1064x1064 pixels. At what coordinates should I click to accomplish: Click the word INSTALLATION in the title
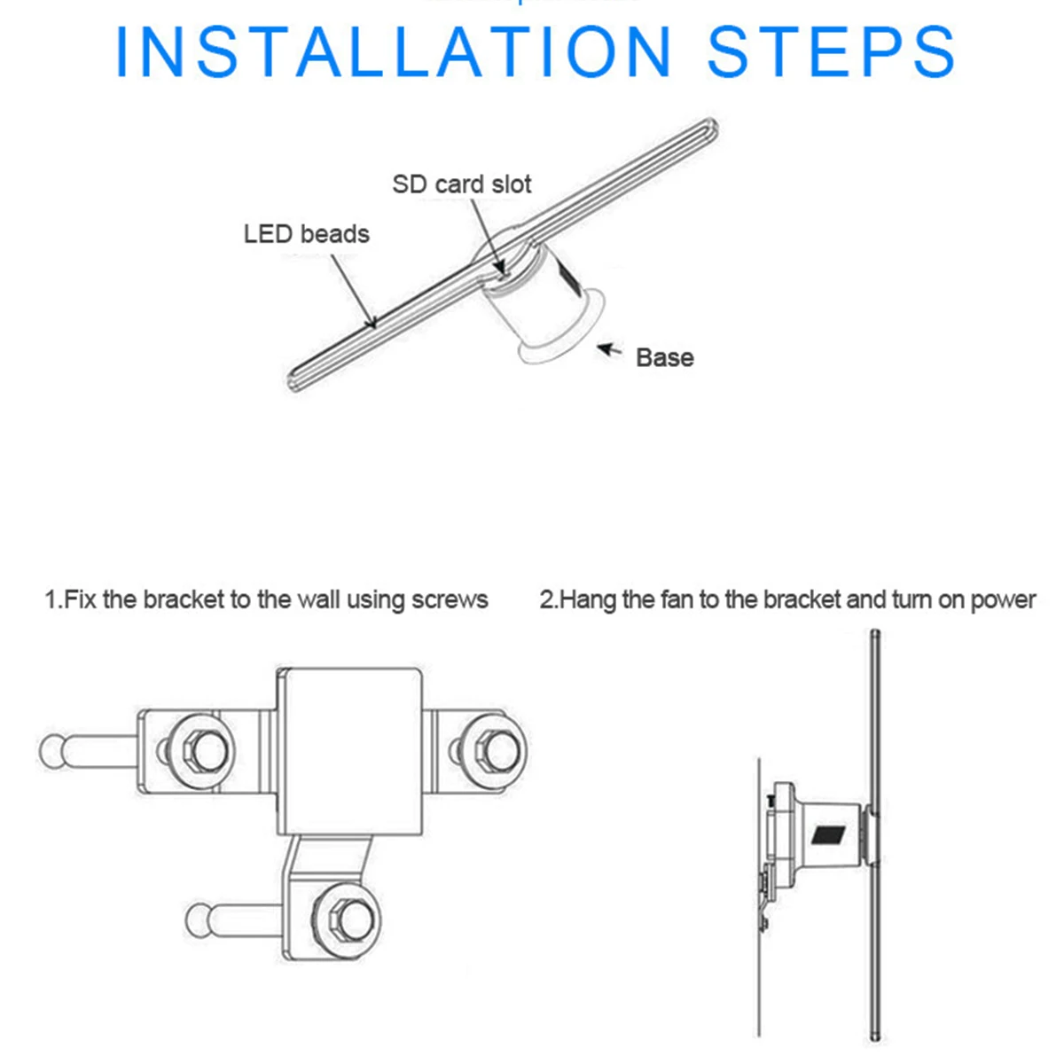[393, 51]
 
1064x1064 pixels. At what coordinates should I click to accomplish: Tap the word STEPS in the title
[831, 51]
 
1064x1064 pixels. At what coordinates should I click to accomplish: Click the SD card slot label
[462, 184]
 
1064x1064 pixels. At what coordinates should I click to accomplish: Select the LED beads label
[307, 234]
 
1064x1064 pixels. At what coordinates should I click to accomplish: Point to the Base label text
[665, 358]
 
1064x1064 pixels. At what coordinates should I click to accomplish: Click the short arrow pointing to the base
[610, 349]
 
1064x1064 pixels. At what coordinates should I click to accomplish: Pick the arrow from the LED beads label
[354, 291]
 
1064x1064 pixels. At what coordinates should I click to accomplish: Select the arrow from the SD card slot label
[487, 236]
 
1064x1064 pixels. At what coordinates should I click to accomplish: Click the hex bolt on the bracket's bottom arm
[347, 920]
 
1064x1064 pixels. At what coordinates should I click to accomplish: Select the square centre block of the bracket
[349, 752]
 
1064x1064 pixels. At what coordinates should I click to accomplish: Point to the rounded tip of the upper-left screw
[52, 752]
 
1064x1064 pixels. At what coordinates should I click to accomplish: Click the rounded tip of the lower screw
[199, 920]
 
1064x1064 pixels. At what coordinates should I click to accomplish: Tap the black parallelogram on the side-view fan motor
[828, 834]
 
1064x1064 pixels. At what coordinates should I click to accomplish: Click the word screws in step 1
[450, 600]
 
